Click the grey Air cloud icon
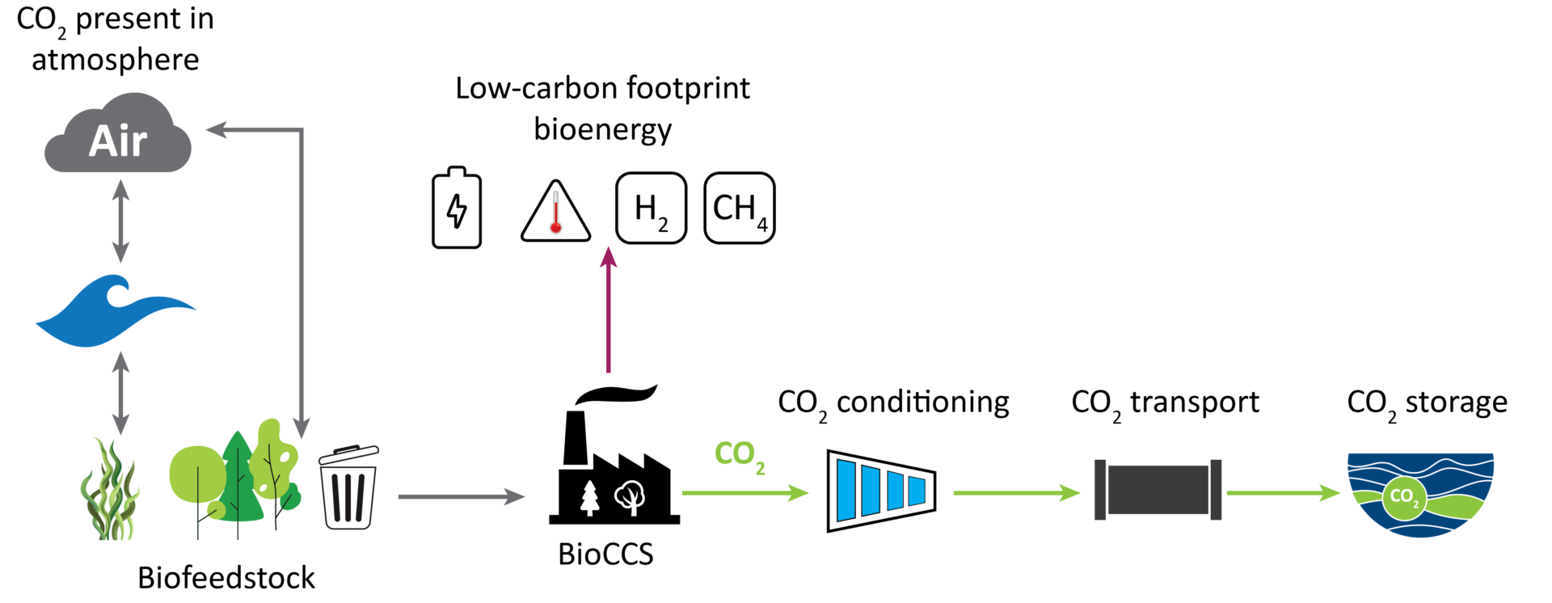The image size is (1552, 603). point(118,133)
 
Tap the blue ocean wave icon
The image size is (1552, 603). point(115,311)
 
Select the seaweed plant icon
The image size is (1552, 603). point(110,489)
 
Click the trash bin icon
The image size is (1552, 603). point(348,487)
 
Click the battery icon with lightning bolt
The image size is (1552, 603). point(457,208)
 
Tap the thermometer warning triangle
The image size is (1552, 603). point(556,211)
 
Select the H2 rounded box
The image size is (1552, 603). point(652,208)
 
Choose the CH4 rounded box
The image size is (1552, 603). point(740,208)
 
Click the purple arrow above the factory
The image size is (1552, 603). point(609,310)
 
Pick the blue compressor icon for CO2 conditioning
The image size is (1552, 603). point(881,491)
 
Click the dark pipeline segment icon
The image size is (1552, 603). point(1158,490)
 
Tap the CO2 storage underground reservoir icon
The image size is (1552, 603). point(1420,495)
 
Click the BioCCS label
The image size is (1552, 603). point(605,555)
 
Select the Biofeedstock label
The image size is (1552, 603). point(226,578)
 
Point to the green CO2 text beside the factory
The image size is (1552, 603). point(740,456)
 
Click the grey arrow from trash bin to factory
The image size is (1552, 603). point(462,496)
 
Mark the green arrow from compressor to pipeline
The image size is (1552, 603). point(1017,492)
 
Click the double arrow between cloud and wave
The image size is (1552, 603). point(120,221)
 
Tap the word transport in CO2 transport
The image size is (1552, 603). point(1195,403)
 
